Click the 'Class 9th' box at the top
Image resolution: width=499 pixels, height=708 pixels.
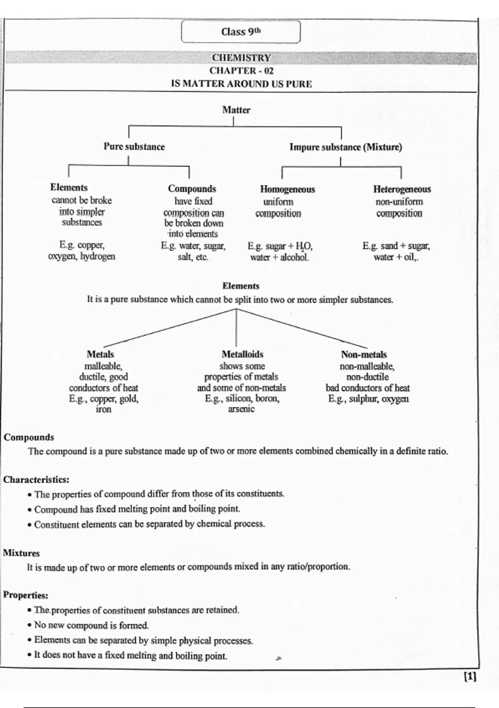[x=241, y=32]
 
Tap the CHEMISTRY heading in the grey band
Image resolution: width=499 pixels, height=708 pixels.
[x=242, y=58]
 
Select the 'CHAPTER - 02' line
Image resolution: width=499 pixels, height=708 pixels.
[x=242, y=70]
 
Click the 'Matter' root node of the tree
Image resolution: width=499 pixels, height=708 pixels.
[x=236, y=110]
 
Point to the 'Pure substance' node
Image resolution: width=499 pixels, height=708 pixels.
[x=134, y=147]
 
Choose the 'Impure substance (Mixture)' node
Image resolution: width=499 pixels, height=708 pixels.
[x=346, y=147]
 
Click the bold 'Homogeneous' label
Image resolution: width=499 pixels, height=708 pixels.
[x=287, y=189]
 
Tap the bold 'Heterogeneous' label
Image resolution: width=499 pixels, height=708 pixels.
[x=402, y=189]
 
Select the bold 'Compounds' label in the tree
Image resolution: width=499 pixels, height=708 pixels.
[x=192, y=189]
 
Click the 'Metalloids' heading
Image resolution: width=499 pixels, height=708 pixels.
[x=242, y=354]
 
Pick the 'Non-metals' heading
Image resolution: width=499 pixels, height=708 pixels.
[x=364, y=354]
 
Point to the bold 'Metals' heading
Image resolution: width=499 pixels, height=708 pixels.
[x=100, y=354]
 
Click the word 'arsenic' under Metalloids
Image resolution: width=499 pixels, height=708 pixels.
[x=241, y=409]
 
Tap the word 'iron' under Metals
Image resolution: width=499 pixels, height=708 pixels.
[x=104, y=409]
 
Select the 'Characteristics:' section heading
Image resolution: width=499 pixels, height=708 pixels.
[x=36, y=479]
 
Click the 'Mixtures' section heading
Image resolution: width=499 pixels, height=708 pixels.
[x=22, y=553]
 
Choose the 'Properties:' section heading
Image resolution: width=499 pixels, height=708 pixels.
[x=25, y=595]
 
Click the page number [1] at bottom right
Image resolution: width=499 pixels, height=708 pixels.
[x=470, y=677]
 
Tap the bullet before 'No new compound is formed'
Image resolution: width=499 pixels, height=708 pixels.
[x=30, y=626]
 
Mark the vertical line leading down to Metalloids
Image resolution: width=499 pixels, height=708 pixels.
[x=236, y=328]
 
